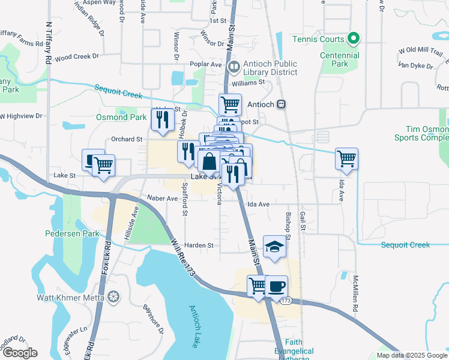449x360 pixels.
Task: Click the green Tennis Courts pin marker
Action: (x=354, y=40)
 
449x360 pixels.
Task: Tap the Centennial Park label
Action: (x=339, y=59)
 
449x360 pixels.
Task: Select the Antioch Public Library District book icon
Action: (x=234, y=64)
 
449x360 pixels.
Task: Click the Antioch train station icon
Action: (x=280, y=104)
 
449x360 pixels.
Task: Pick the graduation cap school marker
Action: (x=274, y=247)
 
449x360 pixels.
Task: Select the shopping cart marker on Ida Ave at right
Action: (x=346, y=158)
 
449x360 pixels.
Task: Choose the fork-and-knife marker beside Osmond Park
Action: (x=161, y=120)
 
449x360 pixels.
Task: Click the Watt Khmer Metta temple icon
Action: (x=113, y=297)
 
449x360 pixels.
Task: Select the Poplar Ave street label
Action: (x=207, y=64)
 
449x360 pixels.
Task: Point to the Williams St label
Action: (x=249, y=82)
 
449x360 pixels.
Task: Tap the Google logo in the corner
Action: (x=20, y=352)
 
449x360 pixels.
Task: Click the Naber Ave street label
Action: (x=162, y=197)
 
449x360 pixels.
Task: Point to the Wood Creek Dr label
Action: (x=76, y=57)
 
